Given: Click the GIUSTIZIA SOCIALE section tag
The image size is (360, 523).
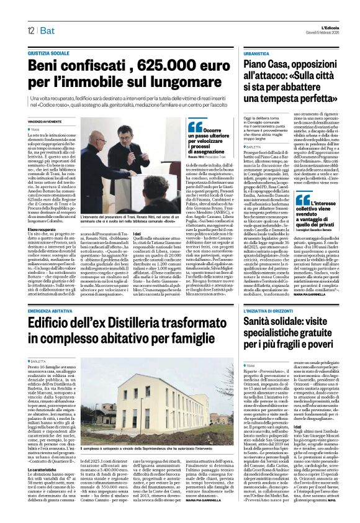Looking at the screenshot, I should pos(49,53).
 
